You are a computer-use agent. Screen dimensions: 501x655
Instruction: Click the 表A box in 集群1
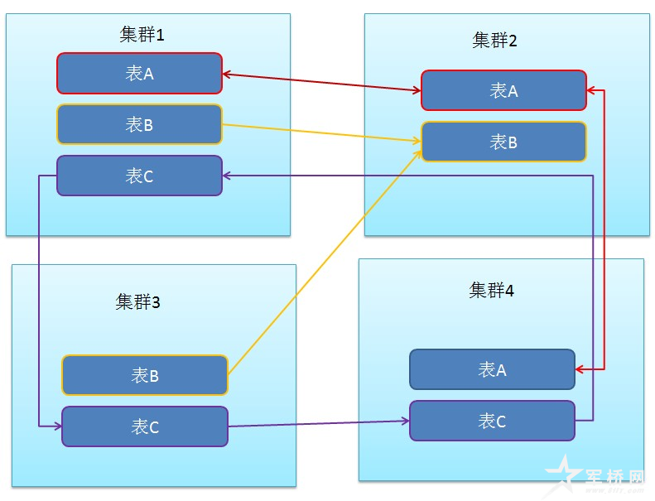pyautogui.click(x=139, y=74)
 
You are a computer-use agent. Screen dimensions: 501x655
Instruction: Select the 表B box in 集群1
pyautogui.click(x=139, y=125)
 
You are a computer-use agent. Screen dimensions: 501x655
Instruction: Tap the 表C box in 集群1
pyautogui.click(x=139, y=176)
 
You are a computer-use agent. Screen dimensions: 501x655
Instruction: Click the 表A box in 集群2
pyautogui.click(x=503, y=90)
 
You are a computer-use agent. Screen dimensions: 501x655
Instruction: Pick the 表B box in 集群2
pyautogui.click(x=503, y=142)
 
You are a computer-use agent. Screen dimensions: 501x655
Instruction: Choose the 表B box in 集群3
pyautogui.click(x=144, y=375)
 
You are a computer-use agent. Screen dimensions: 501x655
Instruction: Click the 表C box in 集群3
pyautogui.click(x=144, y=426)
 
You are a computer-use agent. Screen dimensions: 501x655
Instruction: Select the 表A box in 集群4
pyautogui.click(x=492, y=369)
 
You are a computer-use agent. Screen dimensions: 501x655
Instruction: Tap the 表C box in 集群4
pyautogui.click(x=492, y=421)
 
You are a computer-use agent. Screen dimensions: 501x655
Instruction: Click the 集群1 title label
pyautogui.click(x=142, y=35)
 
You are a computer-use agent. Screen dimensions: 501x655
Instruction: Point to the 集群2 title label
pyautogui.click(x=494, y=41)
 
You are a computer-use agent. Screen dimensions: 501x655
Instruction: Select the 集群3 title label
pyautogui.click(x=137, y=301)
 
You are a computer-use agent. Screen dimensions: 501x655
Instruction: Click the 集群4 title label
pyautogui.click(x=492, y=291)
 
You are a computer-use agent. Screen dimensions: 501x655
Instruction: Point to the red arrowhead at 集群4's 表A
pyautogui.click(x=580, y=369)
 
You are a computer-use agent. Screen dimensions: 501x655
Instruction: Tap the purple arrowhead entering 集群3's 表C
pyautogui.click(x=57, y=426)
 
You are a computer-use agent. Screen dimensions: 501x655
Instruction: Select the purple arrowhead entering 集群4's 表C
pyautogui.click(x=405, y=421)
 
